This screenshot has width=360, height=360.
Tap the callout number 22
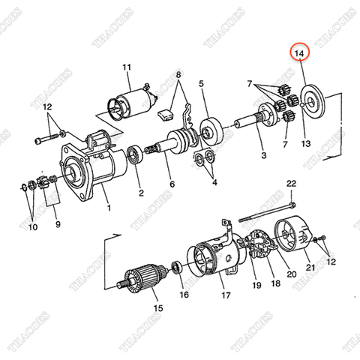(292, 184)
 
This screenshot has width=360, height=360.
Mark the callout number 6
(171, 184)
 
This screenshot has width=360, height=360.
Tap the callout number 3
(263, 156)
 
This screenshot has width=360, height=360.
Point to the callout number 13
(305, 143)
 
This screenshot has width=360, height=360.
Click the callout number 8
(178, 76)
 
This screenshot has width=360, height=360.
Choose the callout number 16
(184, 295)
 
